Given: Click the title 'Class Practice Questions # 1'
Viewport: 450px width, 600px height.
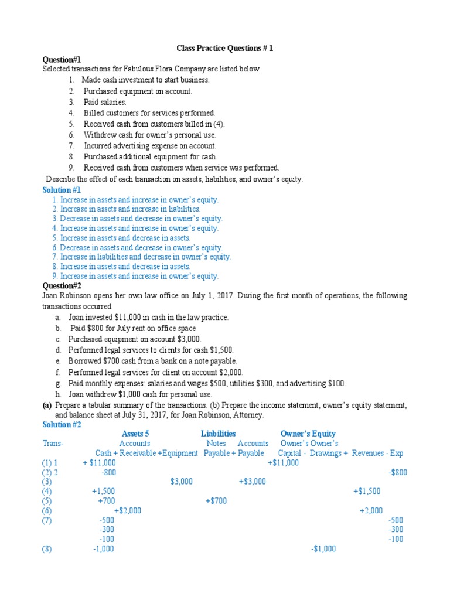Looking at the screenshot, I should [224, 49].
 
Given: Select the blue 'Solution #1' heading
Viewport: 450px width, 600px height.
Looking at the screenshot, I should [62, 190].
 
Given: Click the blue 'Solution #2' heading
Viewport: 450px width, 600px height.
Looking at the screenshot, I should [62, 424].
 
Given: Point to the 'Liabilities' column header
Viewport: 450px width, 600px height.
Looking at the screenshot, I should [218, 434].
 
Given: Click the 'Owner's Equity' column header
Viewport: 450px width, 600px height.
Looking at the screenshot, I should [308, 434].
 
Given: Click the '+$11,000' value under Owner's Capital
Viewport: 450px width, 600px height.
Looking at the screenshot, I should [283, 462].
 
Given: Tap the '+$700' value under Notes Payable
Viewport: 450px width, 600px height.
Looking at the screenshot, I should [216, 500].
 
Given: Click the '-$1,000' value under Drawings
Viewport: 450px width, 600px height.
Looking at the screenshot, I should [323, 548].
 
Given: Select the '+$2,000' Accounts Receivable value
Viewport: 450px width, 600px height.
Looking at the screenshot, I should [127, 510].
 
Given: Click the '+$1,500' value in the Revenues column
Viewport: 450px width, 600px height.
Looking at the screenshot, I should [367, 491].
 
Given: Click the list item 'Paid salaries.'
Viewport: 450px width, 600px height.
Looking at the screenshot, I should [105, 102].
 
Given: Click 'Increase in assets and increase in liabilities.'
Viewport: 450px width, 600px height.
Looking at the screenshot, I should [130, 209].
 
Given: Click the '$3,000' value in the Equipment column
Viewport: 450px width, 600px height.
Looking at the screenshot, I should [181, 481].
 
